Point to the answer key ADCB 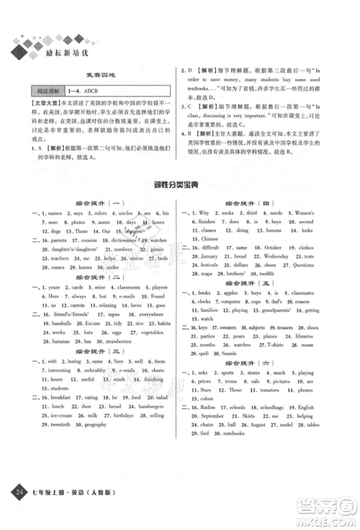[x=94, y=90]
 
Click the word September [x=213, y=435]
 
